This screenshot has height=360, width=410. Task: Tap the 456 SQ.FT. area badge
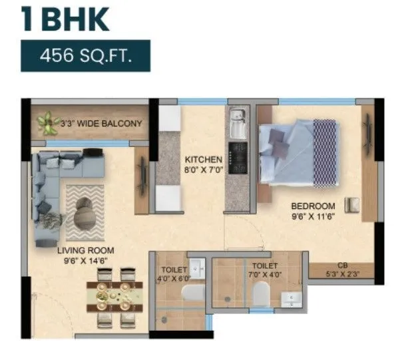pos(85,55)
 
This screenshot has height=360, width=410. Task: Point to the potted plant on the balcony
pos(47,122)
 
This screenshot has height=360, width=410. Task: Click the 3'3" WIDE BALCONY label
pos(102,123)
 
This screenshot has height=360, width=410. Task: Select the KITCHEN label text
pos(203,160)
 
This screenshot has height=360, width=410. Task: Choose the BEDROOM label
pos(312,206)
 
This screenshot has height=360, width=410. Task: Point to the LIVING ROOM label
pos(85,250)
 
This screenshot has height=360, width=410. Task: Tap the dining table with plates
pos(114,293)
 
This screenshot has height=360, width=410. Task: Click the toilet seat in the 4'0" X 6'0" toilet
pos(192,293)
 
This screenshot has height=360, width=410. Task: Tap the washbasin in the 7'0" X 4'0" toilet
pos(290,300)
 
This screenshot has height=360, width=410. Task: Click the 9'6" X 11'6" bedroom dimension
pos(312,216)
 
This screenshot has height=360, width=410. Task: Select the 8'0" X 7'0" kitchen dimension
pos(203,170)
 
